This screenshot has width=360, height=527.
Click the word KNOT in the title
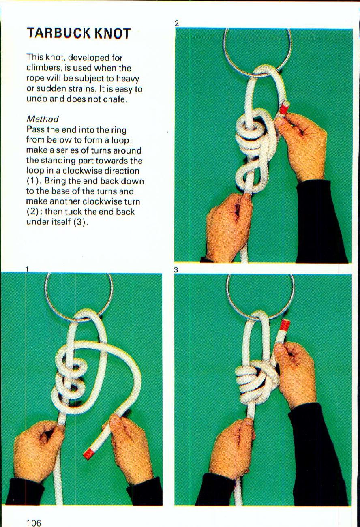(x=113, y=33)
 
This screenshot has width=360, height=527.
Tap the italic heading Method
(x=43, y=119)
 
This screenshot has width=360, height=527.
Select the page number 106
(x=34, y=523)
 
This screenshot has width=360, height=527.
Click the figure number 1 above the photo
(x=27, y=269)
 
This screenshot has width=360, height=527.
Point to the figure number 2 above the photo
(x=177, y=24)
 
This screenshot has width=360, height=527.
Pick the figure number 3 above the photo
(x=176, y=270)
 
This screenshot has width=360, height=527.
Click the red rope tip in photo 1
(x=89, y=453)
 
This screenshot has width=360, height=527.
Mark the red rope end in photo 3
(x=285, y=325)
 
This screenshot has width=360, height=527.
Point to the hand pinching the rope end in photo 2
(x=302, y=142)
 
